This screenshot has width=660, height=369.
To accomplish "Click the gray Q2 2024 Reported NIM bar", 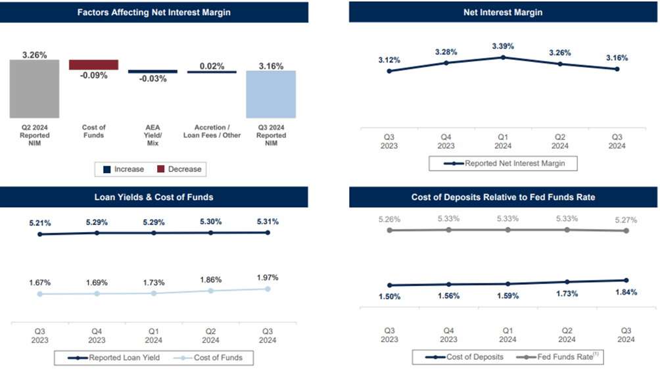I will (34, 89).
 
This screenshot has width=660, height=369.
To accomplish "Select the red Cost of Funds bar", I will (93, 64).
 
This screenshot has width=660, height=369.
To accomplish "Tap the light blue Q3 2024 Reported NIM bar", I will (270, 94).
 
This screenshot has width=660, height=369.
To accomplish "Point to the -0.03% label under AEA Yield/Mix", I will (153, 79).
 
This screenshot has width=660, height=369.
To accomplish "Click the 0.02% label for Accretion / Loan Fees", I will (212, 66).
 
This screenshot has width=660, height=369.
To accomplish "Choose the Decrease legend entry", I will (179, 169).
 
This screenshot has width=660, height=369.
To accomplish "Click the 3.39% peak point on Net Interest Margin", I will (503, 57).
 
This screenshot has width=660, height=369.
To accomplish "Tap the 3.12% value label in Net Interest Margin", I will (389, 60).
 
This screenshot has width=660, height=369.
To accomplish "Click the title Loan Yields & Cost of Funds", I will (154, 197).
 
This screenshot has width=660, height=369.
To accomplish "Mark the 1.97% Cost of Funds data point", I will (268, 289).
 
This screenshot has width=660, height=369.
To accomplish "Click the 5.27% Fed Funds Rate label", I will (626, 219).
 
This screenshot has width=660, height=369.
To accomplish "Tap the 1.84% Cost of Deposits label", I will (626, 292).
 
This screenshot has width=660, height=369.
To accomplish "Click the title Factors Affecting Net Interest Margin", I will (154, 12).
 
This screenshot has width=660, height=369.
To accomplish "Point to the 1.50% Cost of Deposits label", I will (389, 297).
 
